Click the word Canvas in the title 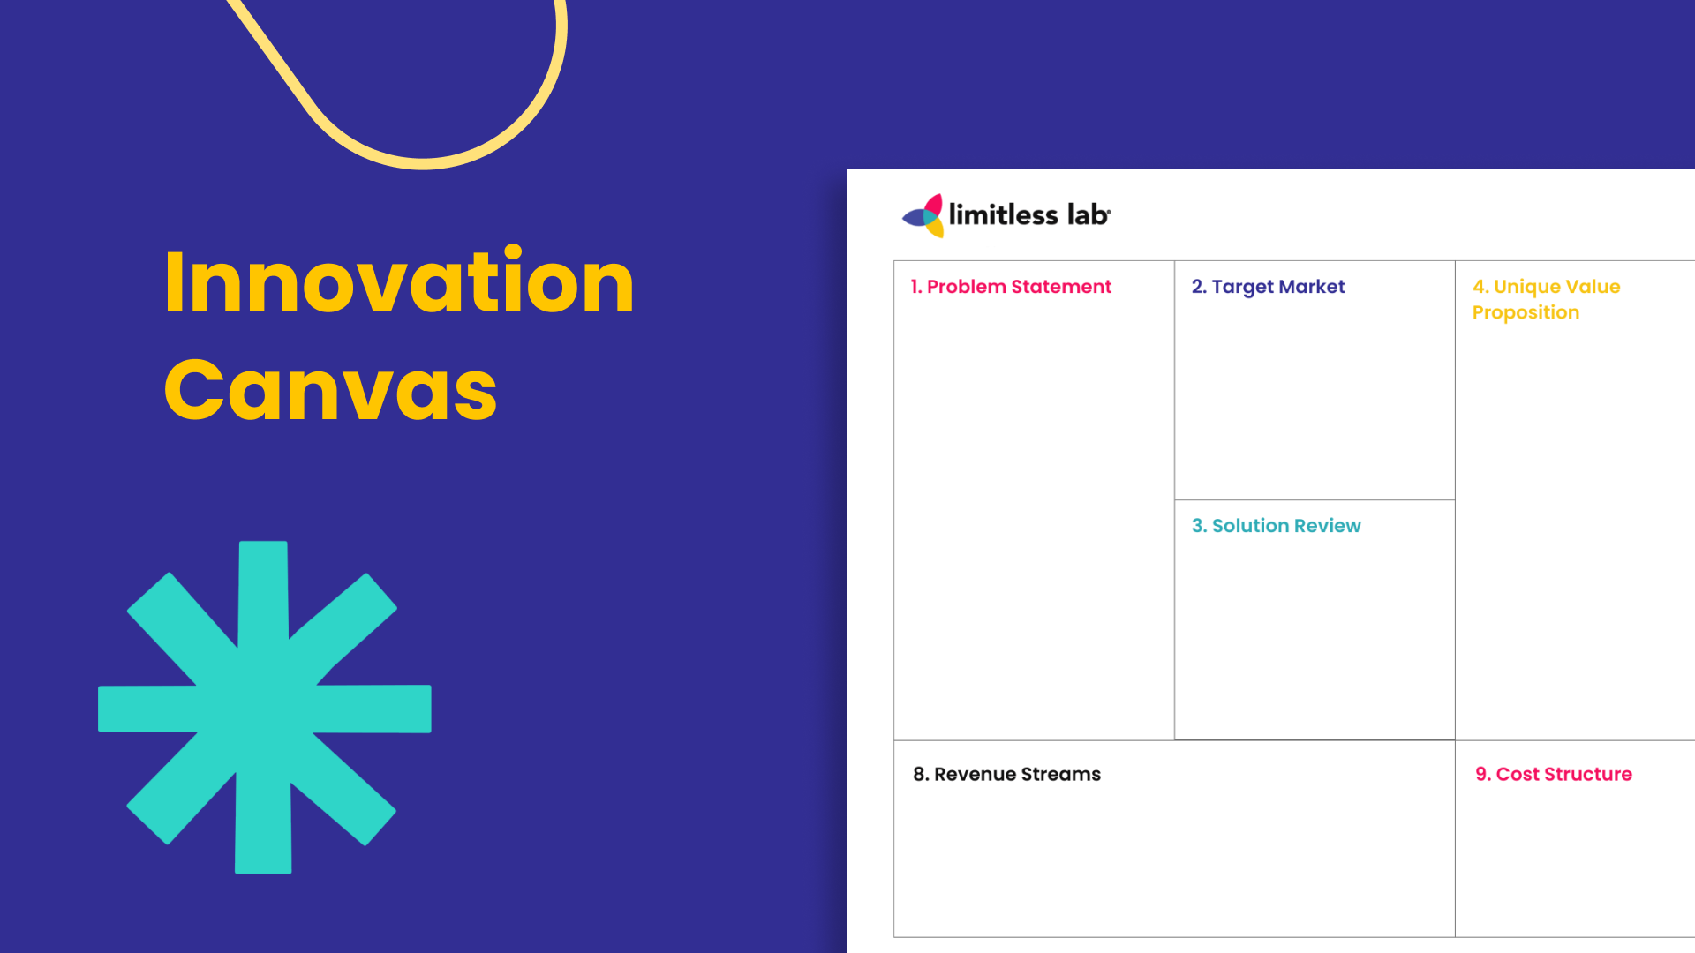(x=331, y=390)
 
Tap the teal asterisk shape (x=265, y=708)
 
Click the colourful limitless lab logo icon (x=923, y=215)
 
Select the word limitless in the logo (x=1003, y=214)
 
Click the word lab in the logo (x=1088, y=214)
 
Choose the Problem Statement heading (x=1011, y=287)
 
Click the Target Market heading (x=1268, y=287)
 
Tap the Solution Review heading (x=1276, y=526)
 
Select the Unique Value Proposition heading (x=1546, y=299)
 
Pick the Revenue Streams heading (x=1006, y=774)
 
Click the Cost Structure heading (x=1554, y=774)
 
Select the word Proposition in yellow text (x=1525, y=313)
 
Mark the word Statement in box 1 (x=1061, y=287)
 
